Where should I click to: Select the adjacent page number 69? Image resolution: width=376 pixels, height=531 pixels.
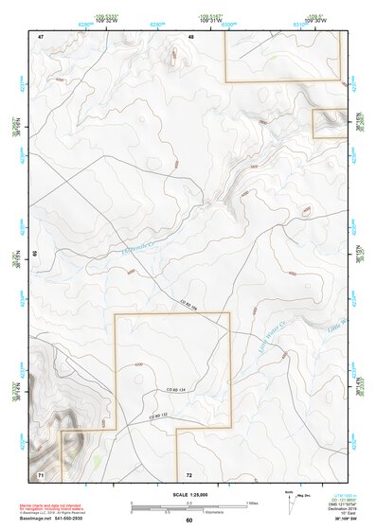(35, 254)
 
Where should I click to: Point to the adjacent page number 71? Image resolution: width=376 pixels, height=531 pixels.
(41, 472)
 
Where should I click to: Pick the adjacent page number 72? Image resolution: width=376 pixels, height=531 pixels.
(189, 473)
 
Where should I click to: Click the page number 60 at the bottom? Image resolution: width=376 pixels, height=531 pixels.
(188, 520)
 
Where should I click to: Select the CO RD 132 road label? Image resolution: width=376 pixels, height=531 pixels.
(157, 416)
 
